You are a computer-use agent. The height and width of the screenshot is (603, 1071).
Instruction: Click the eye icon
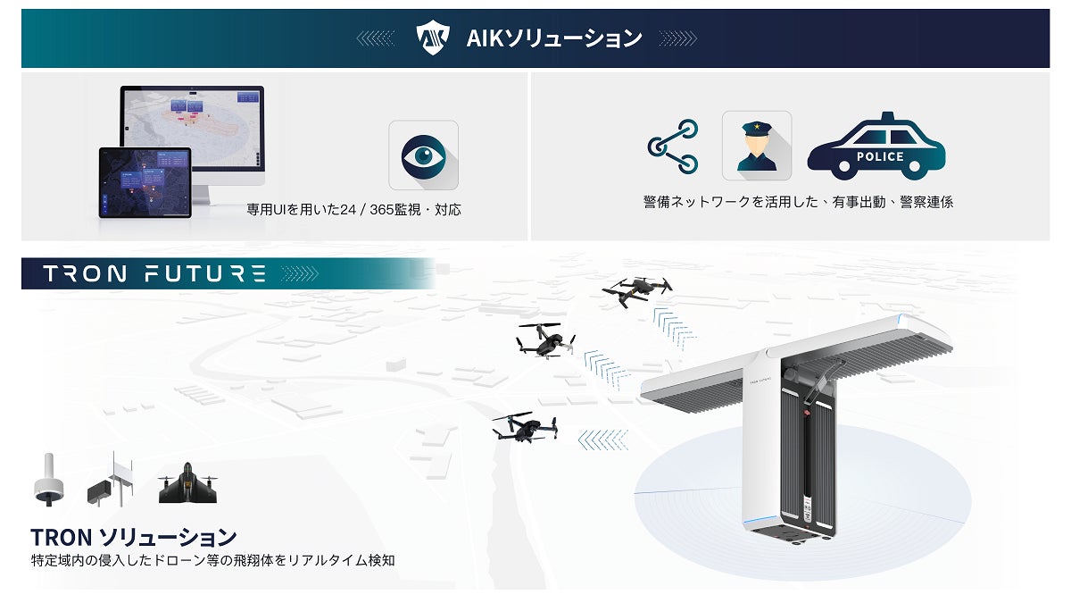tap(423, 155)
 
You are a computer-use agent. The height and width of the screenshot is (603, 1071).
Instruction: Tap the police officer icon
tap(756, 145)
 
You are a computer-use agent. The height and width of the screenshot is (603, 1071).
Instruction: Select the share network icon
tap(673, 146)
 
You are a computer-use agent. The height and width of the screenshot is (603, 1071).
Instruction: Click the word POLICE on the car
tap(880, 157)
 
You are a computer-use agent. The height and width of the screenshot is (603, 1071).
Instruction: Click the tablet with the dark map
tap(145, 183)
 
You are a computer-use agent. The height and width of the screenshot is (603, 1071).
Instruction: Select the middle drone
tap(544, 339)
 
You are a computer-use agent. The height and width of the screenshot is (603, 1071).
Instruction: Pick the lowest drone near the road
tap(526, 427)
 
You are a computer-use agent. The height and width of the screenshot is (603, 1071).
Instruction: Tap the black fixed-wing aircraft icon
tap(187, 484)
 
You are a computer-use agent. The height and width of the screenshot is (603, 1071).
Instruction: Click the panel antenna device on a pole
tap(110, 482)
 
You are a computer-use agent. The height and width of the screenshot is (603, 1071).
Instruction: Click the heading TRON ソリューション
tap(134, 537)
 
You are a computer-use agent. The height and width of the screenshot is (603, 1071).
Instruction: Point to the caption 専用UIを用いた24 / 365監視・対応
tap(353, 211)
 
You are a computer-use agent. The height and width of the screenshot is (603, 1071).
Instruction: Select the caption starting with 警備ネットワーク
tap(798, 202)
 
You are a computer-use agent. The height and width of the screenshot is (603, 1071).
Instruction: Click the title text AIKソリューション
tap(553, 38)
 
